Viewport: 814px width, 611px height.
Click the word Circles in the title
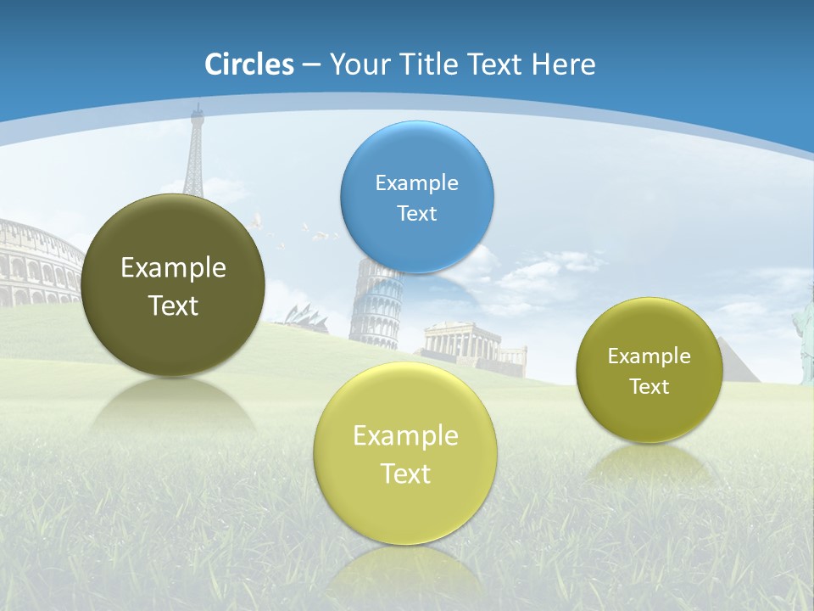249,64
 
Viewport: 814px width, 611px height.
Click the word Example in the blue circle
416,182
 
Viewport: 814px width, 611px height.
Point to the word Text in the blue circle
416,213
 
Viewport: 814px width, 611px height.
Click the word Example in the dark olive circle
173,268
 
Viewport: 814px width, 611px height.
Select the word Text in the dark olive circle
173,305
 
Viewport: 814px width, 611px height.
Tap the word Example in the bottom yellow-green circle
404,436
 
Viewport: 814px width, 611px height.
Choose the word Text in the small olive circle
650,387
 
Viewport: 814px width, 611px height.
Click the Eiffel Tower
195,153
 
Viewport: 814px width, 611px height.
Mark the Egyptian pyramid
734,361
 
